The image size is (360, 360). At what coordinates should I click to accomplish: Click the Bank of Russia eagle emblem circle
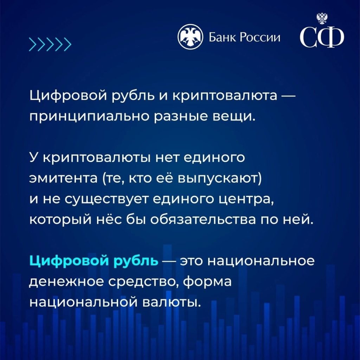[190, 37]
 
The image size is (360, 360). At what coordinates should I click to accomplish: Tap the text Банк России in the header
[245, 37]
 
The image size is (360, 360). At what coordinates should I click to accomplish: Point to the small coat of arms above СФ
[322, 18]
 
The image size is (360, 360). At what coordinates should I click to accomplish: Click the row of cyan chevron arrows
[50, 44]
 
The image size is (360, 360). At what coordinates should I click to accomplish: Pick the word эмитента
[64, 179]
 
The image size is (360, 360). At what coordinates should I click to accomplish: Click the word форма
[207, 282]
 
